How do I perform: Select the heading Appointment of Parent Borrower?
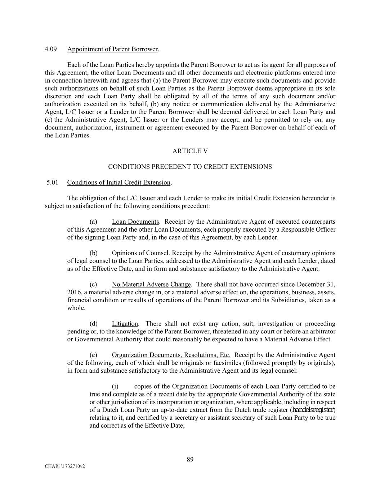[x=112, y=49]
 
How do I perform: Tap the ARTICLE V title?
[x=190, y=151]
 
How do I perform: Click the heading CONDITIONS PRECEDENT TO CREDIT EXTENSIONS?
[x=190, y=167]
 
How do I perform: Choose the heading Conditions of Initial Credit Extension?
[x=119, y=182]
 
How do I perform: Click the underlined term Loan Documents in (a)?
[x=135, y=222]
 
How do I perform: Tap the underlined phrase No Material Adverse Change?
[x=151, y=285]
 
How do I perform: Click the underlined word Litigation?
[x=125, y=324]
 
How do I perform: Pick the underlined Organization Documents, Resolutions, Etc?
[x=171, y=355]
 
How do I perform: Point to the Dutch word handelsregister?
[x=313, y=410]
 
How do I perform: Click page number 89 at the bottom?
[x=190, y=459]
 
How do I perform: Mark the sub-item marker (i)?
[x=115, y=387]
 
